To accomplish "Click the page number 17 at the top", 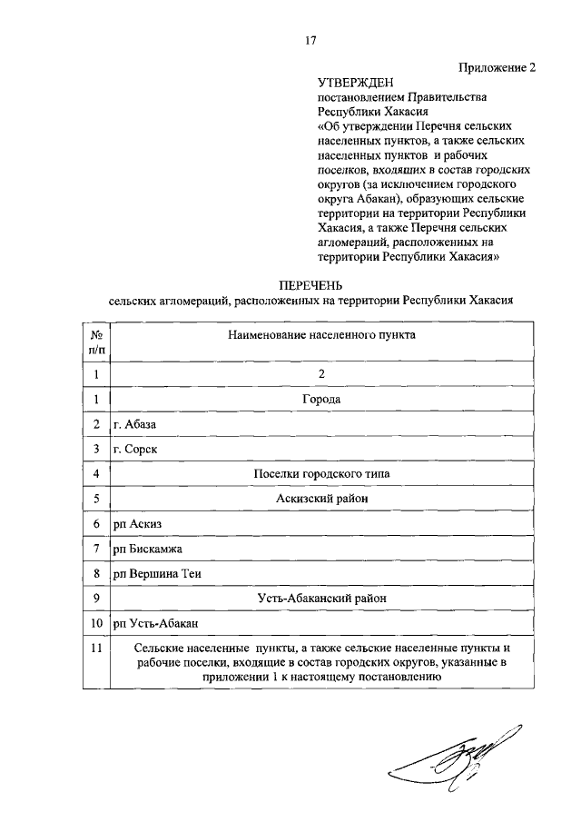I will pos(310,40).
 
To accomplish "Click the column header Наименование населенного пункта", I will pos(321,335).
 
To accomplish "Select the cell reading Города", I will pos(321,398).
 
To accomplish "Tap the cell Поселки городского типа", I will pos(321,473).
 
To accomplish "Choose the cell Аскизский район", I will pos(321,499).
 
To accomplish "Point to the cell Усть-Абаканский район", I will pos(321,599).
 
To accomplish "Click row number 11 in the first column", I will pos(95,648).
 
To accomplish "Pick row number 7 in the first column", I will pos(95,550).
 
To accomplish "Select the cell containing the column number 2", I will pos(321,373).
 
